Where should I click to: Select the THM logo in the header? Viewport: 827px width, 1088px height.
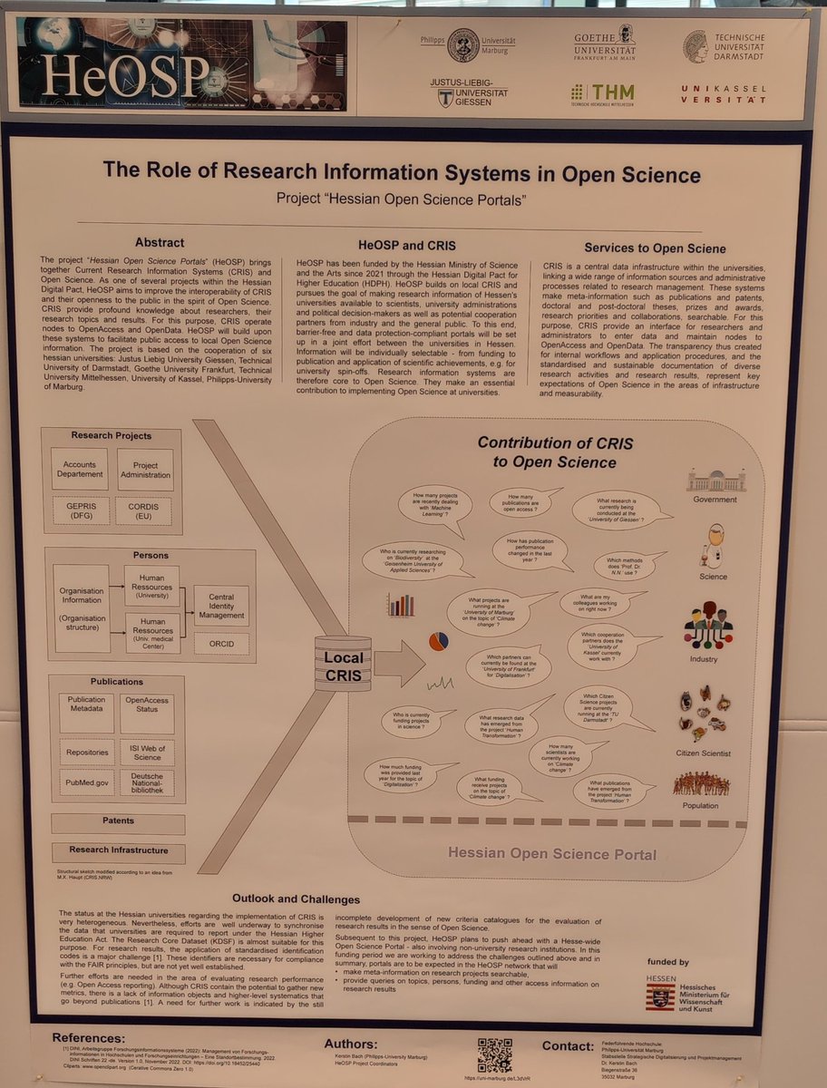click(603, 93)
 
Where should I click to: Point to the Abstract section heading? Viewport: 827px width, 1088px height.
click(160, 243)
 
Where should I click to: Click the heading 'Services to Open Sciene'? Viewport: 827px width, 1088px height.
click(655, 248)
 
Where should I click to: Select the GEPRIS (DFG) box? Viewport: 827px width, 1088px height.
click(81, 510)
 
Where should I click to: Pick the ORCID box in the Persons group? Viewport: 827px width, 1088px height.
click(221, 645)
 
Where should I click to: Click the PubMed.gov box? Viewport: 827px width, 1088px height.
click(86, 782)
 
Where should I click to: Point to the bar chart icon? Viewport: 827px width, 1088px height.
click(400, 605)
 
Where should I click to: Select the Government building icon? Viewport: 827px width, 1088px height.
click(715, 481)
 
